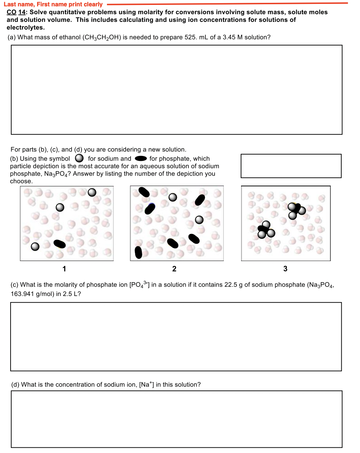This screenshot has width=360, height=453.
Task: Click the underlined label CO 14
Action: coord(16,12)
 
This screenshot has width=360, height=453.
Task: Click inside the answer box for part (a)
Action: coord(176,90)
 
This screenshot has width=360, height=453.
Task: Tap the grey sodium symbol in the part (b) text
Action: coord(79,158)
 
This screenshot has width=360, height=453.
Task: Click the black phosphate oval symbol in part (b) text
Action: coord(141,158)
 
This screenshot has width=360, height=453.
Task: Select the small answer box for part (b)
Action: coord(291,166)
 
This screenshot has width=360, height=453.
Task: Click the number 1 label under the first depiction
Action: coord(64,269)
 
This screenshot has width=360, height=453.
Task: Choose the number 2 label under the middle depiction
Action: coord(174,269)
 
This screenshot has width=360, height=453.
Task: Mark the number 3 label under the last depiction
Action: coord(285,269)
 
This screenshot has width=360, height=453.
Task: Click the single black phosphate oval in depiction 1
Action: coord(59,244)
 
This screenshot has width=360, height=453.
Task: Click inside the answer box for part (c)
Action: coord(176,337)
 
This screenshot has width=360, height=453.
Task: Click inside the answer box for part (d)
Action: coord(176,419)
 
